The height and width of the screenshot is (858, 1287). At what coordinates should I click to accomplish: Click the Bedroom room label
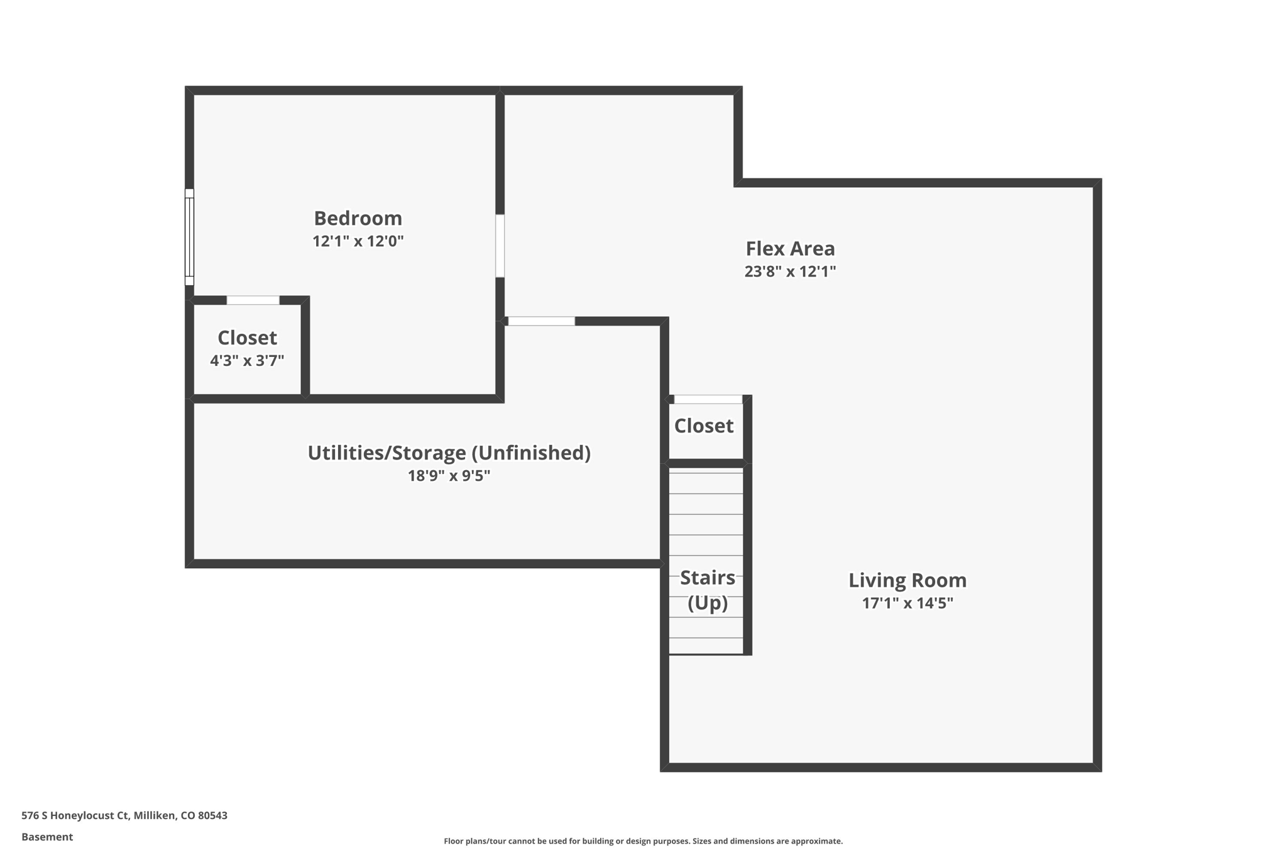pyautogui.click(x=358, y=218)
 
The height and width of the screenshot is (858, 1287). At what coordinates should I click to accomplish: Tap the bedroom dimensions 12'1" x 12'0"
pyautogui.click(x=358, y=241)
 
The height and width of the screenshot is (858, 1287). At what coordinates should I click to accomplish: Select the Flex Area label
pyautogui.click(x=790, y=249)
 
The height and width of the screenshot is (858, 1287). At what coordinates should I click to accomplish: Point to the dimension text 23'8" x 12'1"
pyautogui.click(x=790, y=272)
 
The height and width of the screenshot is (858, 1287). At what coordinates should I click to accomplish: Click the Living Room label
pyautogui.click(x=907, y=580)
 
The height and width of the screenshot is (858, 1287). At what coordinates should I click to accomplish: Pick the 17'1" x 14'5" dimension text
pyautogui.click(x=907, y=603)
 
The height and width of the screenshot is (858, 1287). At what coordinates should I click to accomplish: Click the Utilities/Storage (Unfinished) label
pyautogui.click(x=449, y=453)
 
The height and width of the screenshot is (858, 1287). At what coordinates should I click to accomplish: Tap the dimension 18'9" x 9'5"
pyautogui.click(x=449, y=476)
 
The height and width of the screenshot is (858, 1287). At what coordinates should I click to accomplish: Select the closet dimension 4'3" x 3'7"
pyautogui.click(x=247, y=361)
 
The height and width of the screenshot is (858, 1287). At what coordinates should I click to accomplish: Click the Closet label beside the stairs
pyautogui.click(x=703, y=426)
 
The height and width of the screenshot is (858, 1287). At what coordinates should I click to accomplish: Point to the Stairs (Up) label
pyautogui.click(x=707, y=590)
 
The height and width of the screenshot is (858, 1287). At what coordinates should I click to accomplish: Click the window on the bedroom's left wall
pyautogui.click(x=189, y=237)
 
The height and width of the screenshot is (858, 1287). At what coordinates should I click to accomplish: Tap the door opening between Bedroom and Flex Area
pyautogui.click(x=500, y=246)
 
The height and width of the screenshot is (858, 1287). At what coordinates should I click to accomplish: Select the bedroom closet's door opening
pyautogui.click(x=253, y=300)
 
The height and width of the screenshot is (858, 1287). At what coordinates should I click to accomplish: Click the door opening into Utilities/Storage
pyautogui.click(x=541, y=321)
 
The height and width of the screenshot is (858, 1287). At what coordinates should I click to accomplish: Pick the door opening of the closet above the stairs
pyautogui.click(x=708, y=399)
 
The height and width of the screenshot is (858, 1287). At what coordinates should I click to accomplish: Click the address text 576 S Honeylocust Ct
pyautogui.click(x=75, y=815)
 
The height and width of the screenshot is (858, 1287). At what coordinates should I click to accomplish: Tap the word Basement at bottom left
pyautogui.click(x=47, y=837)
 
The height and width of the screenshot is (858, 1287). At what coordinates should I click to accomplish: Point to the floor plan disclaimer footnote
pyautogui.click(x=643, y=841)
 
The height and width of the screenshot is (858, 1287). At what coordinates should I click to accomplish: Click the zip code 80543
pyautogui.click(x=212, y=815)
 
